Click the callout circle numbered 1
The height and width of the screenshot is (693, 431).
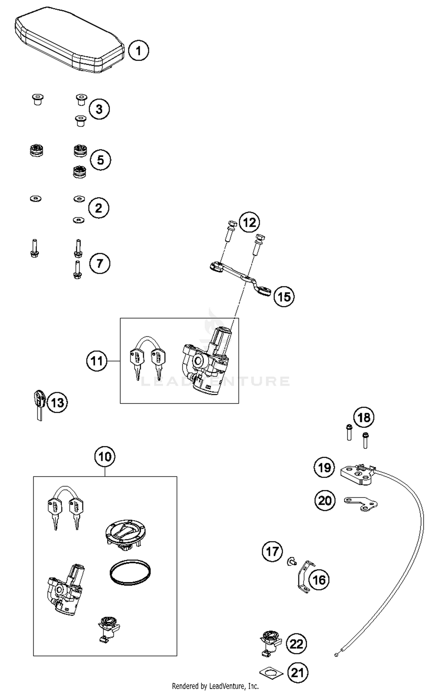point(138,51)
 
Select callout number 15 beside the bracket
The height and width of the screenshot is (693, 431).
point(284,296)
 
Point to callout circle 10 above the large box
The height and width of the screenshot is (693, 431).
point(105,456)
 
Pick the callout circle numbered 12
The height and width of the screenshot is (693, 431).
point(249,222)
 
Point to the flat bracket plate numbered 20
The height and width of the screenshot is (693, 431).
point(361,504)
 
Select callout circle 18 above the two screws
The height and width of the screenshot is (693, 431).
point(363,417)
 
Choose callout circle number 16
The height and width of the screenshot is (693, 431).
point(319,580)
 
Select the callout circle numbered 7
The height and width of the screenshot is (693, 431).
point(99,263)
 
